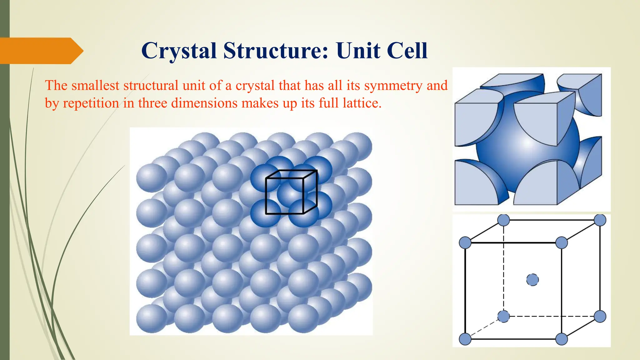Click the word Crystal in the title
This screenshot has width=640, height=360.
click(179, 51)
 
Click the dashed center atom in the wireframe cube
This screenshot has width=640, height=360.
click(532, 280)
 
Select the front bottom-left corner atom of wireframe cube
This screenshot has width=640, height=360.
click(465, 339)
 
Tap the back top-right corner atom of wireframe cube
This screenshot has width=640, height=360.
click(600, 220)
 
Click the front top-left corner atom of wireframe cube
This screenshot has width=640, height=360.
click(465, 243)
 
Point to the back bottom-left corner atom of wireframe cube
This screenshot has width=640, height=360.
click(503, 316)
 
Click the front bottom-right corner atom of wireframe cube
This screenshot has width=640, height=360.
click(562, 339)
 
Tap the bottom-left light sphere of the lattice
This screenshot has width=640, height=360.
click(152, 318)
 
